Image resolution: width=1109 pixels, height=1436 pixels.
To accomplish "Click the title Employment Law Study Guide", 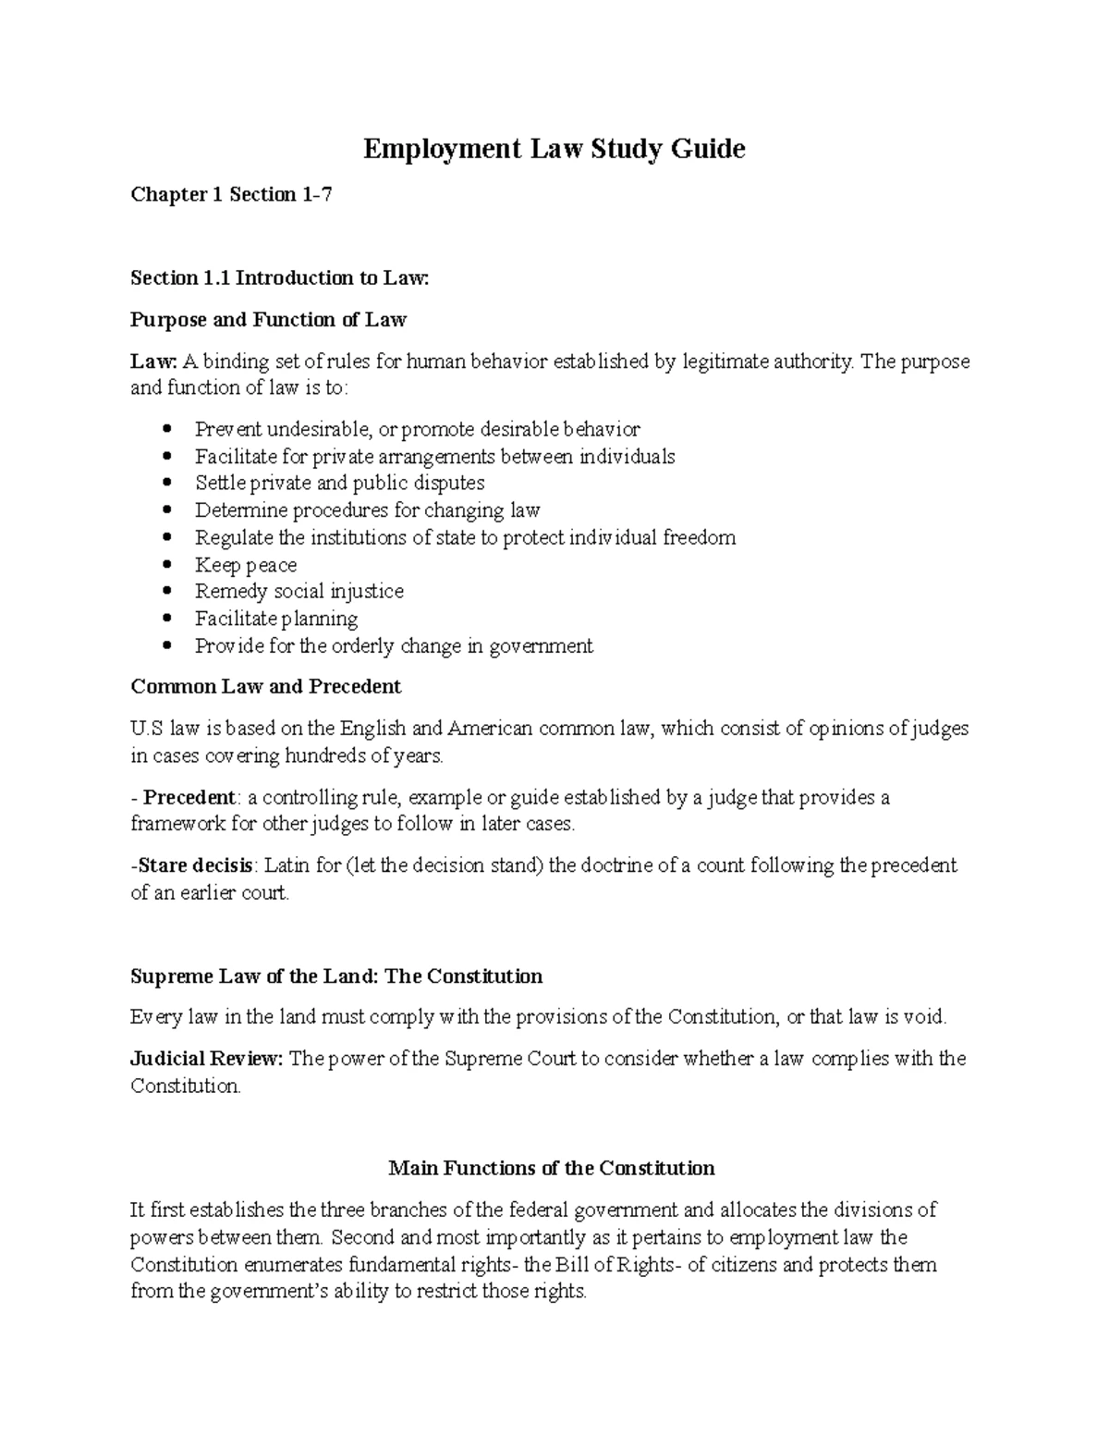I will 554,149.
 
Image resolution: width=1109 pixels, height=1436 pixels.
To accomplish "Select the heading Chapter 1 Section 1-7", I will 230,194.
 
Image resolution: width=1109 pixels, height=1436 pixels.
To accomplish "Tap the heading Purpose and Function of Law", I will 268,320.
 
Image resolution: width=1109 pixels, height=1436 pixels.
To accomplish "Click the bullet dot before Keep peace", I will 167,564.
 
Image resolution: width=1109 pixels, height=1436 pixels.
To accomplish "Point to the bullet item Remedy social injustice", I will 299,591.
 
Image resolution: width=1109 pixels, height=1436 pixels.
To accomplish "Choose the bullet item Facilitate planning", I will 275,619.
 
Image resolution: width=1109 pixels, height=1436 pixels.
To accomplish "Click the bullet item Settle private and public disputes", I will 339,483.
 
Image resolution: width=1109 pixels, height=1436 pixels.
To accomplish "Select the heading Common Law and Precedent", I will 265,686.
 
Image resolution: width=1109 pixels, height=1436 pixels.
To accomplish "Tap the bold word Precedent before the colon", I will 189,797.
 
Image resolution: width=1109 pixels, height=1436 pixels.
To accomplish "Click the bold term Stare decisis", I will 195,865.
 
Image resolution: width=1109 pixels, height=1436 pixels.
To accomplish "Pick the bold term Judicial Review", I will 205,1059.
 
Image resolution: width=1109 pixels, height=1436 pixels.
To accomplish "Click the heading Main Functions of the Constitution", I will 552,1168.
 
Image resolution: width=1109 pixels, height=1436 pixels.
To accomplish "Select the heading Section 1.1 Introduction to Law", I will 280,277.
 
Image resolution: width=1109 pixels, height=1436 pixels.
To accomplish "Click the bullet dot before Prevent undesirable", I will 167,429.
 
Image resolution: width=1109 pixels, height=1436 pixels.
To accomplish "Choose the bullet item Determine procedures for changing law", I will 367,509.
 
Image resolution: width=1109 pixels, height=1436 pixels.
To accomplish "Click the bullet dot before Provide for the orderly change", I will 167,645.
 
